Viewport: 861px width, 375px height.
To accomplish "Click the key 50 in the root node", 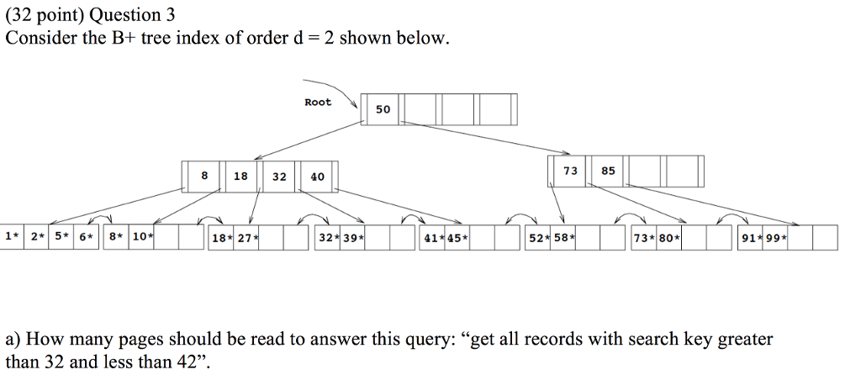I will click(x=383, y=110).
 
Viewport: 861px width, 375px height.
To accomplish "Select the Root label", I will click(x=318, y=103).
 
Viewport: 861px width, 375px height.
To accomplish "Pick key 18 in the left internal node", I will click(x=240, y=177).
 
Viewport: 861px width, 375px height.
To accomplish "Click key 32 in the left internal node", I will click(x=279, y=177).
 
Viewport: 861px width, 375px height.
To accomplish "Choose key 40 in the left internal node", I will click(x=317, y=177).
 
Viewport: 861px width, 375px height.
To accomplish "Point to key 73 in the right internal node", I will click(x=570, y=171).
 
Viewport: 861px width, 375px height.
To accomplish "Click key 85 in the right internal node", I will click(x=608, y=171).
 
